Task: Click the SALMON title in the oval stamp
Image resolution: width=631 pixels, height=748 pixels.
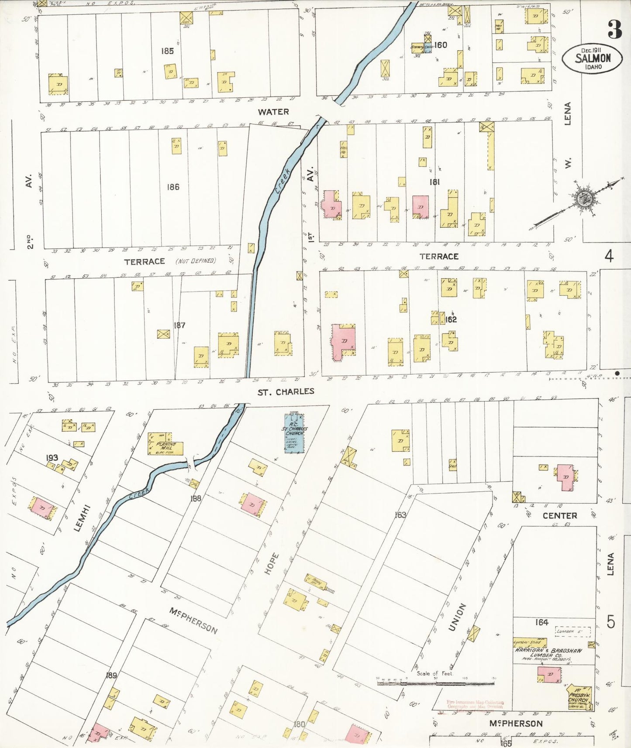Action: (592, 58)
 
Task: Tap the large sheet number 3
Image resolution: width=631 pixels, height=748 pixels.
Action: (614, 30)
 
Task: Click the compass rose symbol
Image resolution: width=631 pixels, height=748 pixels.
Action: (583, 199)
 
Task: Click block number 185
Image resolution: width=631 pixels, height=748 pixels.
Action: (167, 51)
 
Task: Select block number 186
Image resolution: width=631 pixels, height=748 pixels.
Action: (173, 187)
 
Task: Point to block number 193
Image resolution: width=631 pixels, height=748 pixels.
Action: (52, 458)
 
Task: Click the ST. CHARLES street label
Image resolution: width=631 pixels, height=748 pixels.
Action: (286, 391)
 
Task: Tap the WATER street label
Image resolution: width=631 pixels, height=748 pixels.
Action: (273, 112)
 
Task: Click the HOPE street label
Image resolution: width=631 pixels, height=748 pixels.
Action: (271, 563)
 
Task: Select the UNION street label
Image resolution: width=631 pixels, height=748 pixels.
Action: (457, 617)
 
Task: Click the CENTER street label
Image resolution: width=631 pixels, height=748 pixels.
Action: (559, 515)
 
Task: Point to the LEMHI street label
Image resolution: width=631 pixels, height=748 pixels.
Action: (83, 518)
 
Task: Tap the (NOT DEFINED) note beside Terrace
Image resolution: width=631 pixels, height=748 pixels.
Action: (196, 261)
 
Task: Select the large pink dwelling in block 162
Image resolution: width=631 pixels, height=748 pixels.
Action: (343, 342)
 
